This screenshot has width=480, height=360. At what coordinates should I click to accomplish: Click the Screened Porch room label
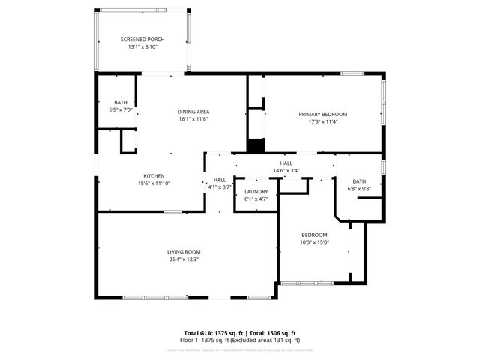[x=142, y=39]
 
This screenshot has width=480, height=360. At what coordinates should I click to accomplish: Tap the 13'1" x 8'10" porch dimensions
[x=142, y=46]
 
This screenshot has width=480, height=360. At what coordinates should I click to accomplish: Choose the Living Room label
[x=184, y=252]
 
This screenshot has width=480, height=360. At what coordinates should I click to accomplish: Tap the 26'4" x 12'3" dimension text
[x=184, y=259]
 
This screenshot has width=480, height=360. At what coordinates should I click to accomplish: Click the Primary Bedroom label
[x=323, y=114]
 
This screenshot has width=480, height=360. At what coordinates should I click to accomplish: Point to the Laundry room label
[x=256, y=192]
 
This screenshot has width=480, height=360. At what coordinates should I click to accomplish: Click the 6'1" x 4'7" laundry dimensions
[x=256, y=199]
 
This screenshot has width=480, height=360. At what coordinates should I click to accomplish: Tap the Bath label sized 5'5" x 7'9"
[x=120, y=102]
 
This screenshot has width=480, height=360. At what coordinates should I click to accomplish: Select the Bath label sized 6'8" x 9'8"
[x=359, y=181]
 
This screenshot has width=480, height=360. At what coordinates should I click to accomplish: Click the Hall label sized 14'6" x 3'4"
[x=286, y=163]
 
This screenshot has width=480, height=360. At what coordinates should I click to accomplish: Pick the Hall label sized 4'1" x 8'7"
[x=220, y=180]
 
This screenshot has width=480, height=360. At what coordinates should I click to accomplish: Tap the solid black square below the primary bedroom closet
[x=256, y=146]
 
